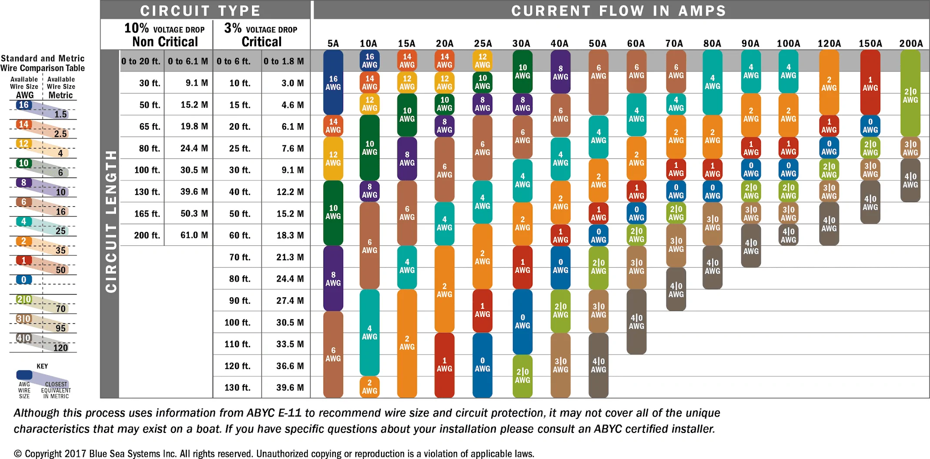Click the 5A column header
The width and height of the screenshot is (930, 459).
[333, 44]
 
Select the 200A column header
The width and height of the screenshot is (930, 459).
[911, 44]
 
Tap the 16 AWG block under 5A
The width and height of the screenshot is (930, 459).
[333, 83]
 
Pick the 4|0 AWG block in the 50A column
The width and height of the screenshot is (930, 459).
[599, 365]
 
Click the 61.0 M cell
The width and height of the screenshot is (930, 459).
[194, 235]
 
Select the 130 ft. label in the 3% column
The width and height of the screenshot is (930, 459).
[237, 388]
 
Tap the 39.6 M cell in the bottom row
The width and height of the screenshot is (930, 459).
[290, 388]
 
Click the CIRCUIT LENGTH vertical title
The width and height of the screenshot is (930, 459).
[111, 221]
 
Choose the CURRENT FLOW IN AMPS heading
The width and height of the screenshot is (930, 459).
[619, 10]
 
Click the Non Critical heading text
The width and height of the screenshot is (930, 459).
[165, 42]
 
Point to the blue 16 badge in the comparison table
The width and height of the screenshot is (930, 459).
[23, 105]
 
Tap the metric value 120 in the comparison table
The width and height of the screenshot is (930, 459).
[60, 348]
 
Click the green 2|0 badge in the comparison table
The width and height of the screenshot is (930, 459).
[24, 299]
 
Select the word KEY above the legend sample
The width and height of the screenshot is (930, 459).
[42, 366]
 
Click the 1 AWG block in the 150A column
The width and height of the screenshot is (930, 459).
[870, 83]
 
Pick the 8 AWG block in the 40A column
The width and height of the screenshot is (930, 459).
[561, 72]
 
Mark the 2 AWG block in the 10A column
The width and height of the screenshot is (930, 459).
[370, 387]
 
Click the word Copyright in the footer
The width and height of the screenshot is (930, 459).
[43, 454]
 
